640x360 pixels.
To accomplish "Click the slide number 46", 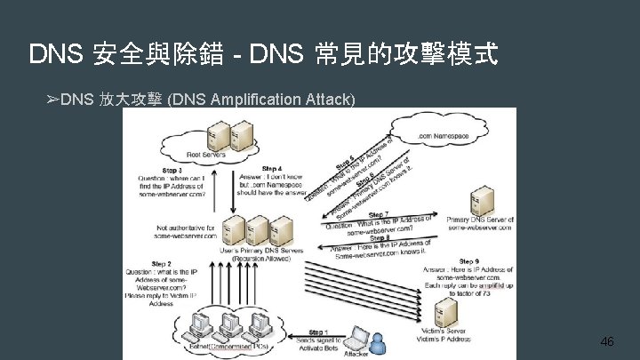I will click(607, 341).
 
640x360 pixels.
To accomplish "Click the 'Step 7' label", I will click(378, 214).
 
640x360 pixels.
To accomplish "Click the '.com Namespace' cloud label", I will click(444, 136).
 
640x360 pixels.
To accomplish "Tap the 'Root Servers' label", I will click(206, 155).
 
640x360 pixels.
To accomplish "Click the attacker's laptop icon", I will click(357, 339).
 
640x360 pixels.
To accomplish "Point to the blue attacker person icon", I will click(380, 344).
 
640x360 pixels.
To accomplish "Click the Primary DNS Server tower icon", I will click(482, 201).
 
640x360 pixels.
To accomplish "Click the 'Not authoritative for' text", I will click(186, 228).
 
